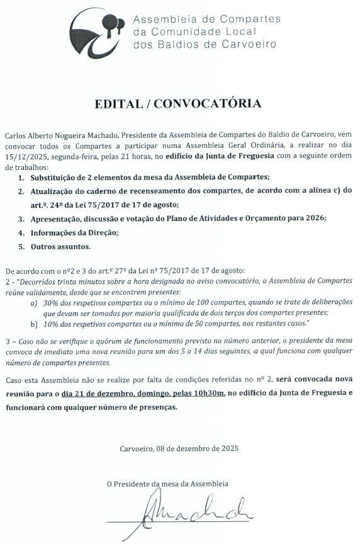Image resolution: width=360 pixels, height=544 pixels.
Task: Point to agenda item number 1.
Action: [21, 177]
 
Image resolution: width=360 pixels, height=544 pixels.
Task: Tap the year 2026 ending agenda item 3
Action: [314, 218]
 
